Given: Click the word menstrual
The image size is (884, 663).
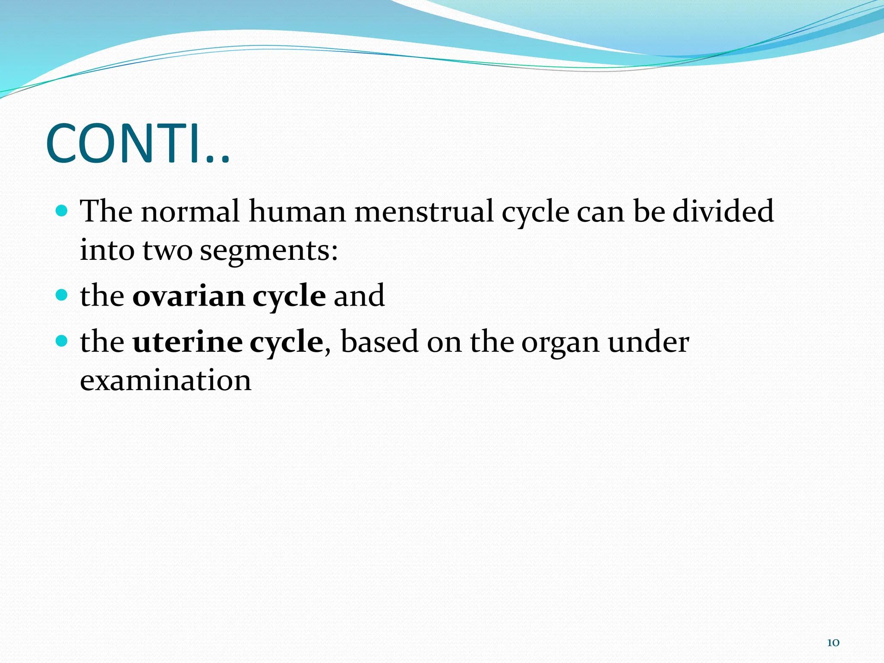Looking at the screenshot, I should (x=424, y=212).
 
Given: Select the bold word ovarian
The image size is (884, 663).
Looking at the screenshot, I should (x=189, y=296).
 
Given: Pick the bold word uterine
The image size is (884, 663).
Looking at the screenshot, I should (x=187, y=342).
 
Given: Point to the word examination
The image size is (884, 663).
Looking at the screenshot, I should (x=165, y=381).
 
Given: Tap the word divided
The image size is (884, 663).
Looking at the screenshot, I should (x=723, y=212).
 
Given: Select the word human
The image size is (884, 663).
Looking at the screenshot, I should (x=297, y=212).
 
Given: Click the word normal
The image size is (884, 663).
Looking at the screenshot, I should (x=190, y=212).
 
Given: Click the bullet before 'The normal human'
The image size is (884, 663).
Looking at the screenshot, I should (x=62, y=211).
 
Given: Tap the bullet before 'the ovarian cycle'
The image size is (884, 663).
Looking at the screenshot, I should (x=62, y=295).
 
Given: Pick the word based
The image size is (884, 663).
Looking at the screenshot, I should (x=379, y=342).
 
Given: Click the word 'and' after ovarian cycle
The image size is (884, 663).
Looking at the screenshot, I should (x=359, y=296).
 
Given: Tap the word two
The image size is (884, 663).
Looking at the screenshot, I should (x=167, y=251).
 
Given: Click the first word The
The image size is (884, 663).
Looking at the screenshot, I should (x=106, y=212).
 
